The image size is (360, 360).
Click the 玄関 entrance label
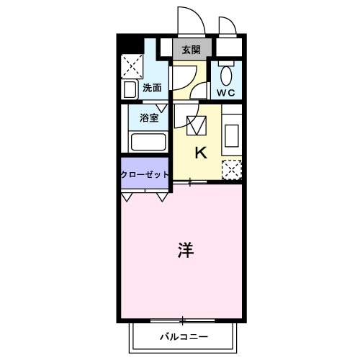pyautogui.click(x=192, y=50)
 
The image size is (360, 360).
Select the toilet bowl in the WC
pyautogui.click(x=227, y=75)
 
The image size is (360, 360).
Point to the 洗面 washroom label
pyautogui.click(x=151, y=89)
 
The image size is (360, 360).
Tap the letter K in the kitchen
pyautogui.click(x=201, y=153)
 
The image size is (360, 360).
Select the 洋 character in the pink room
pyautogui.click(x=184, y=250)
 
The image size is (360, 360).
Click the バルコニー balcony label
pyautogui.click(x=184, y=337)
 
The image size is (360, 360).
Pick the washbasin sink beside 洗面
pyautogui.click(x=130, y=89)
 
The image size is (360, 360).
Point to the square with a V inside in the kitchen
pyautogui.click(x=197, y=126)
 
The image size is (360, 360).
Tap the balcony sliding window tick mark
pyautogui.click(x=183, y=320)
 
